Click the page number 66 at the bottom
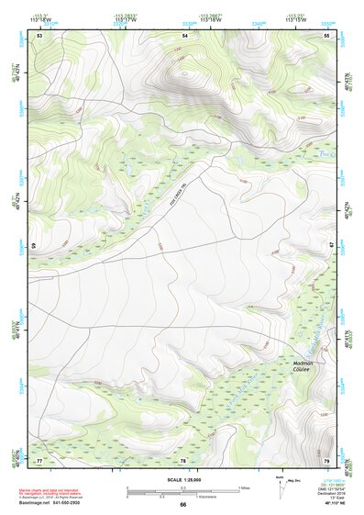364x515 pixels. (x=182, y=504)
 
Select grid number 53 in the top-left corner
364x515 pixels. (x=39, y=35)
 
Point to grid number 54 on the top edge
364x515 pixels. (x=183, y=35)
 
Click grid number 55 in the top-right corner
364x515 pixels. (x=327, y=35)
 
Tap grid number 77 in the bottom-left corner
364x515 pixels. (x=39, y=460)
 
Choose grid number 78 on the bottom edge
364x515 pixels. (x=183, y=460)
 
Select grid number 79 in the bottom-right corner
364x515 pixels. (x=327, y=460)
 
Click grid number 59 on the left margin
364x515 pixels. (x=35, y=246)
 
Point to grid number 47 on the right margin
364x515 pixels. (x=332, y=246)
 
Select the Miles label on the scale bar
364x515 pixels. (x=244, y=487)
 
